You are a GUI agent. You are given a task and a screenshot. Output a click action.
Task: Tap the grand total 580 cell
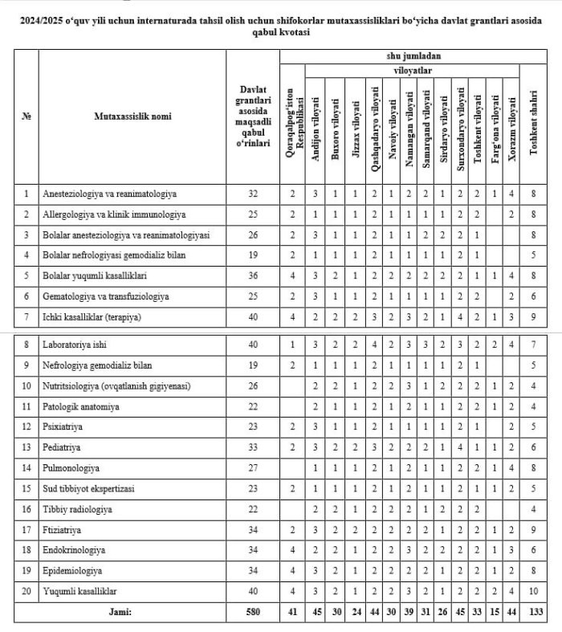pyautogui.click(x=252, y=613)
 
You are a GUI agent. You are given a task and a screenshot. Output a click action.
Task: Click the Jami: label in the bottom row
pyautogui.click(x=120, y=613)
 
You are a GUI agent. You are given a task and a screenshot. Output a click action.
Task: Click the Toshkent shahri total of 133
pyautogui.click(x=535, y=613)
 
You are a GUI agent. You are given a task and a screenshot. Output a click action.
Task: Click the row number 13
pyautogui.click(x=26, y=446)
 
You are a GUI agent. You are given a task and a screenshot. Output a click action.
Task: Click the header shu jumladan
pyautogui.click(x=414, y=56)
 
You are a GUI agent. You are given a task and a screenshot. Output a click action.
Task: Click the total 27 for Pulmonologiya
pyautogui.click(x=252, y=467)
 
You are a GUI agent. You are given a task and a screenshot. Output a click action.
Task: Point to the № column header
pyautogui.click(x=26, y=116)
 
